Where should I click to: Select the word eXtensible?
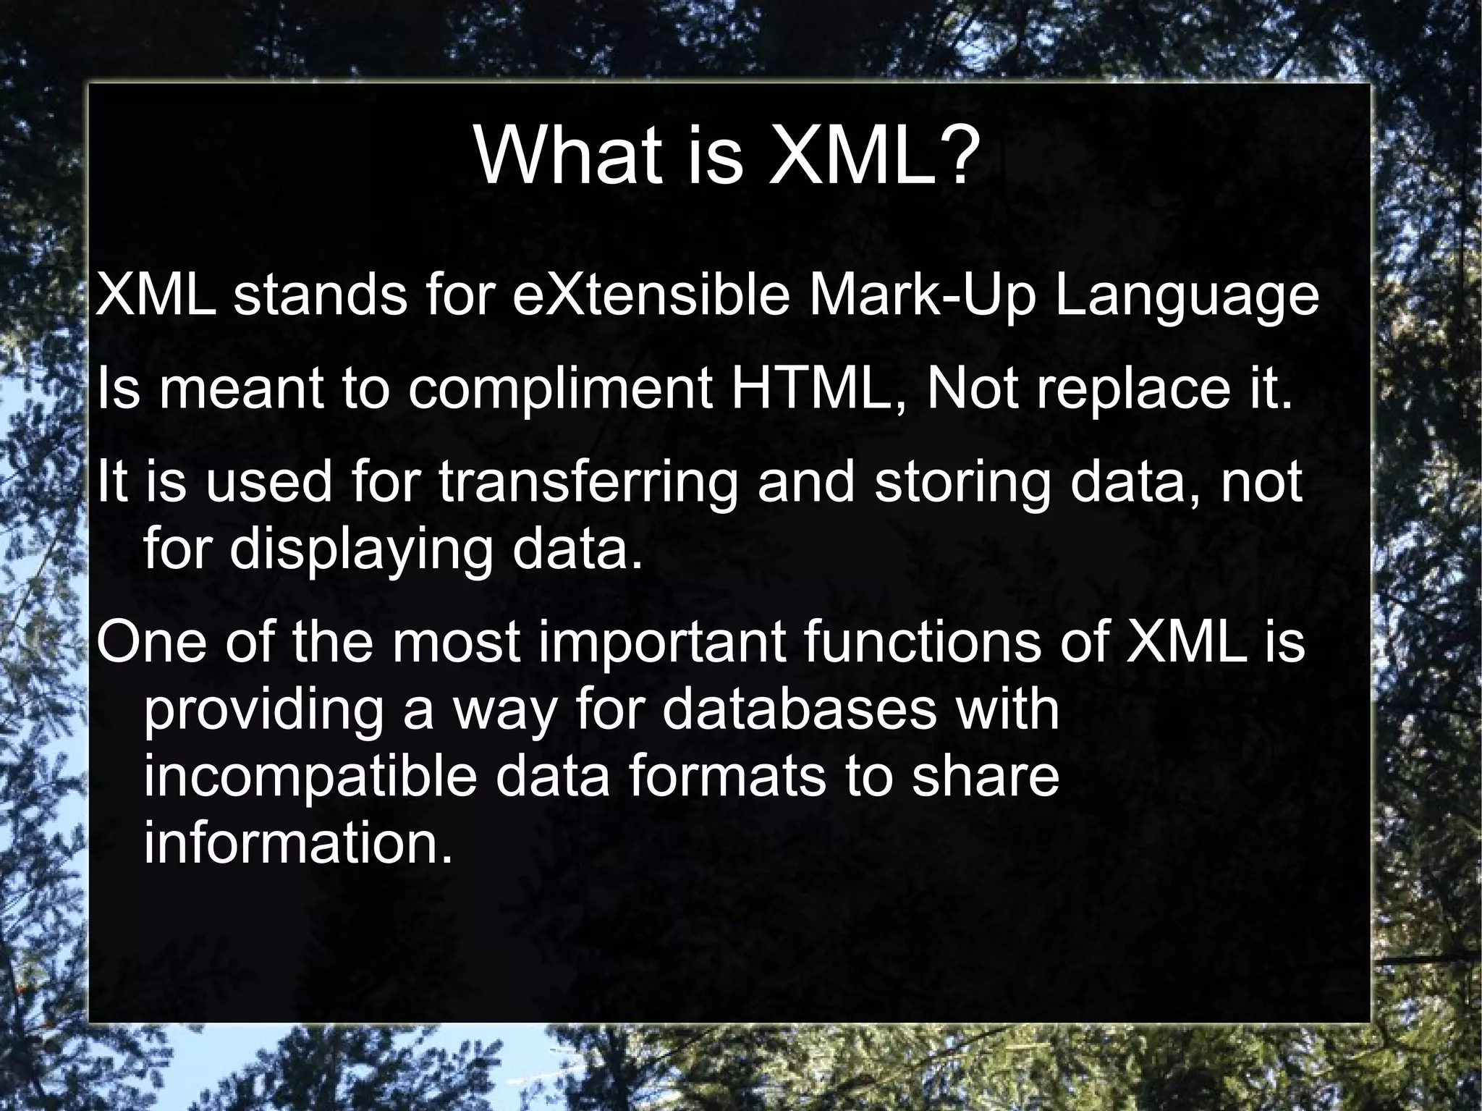tap(650, 297)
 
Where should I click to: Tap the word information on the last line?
tap(297, 843)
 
